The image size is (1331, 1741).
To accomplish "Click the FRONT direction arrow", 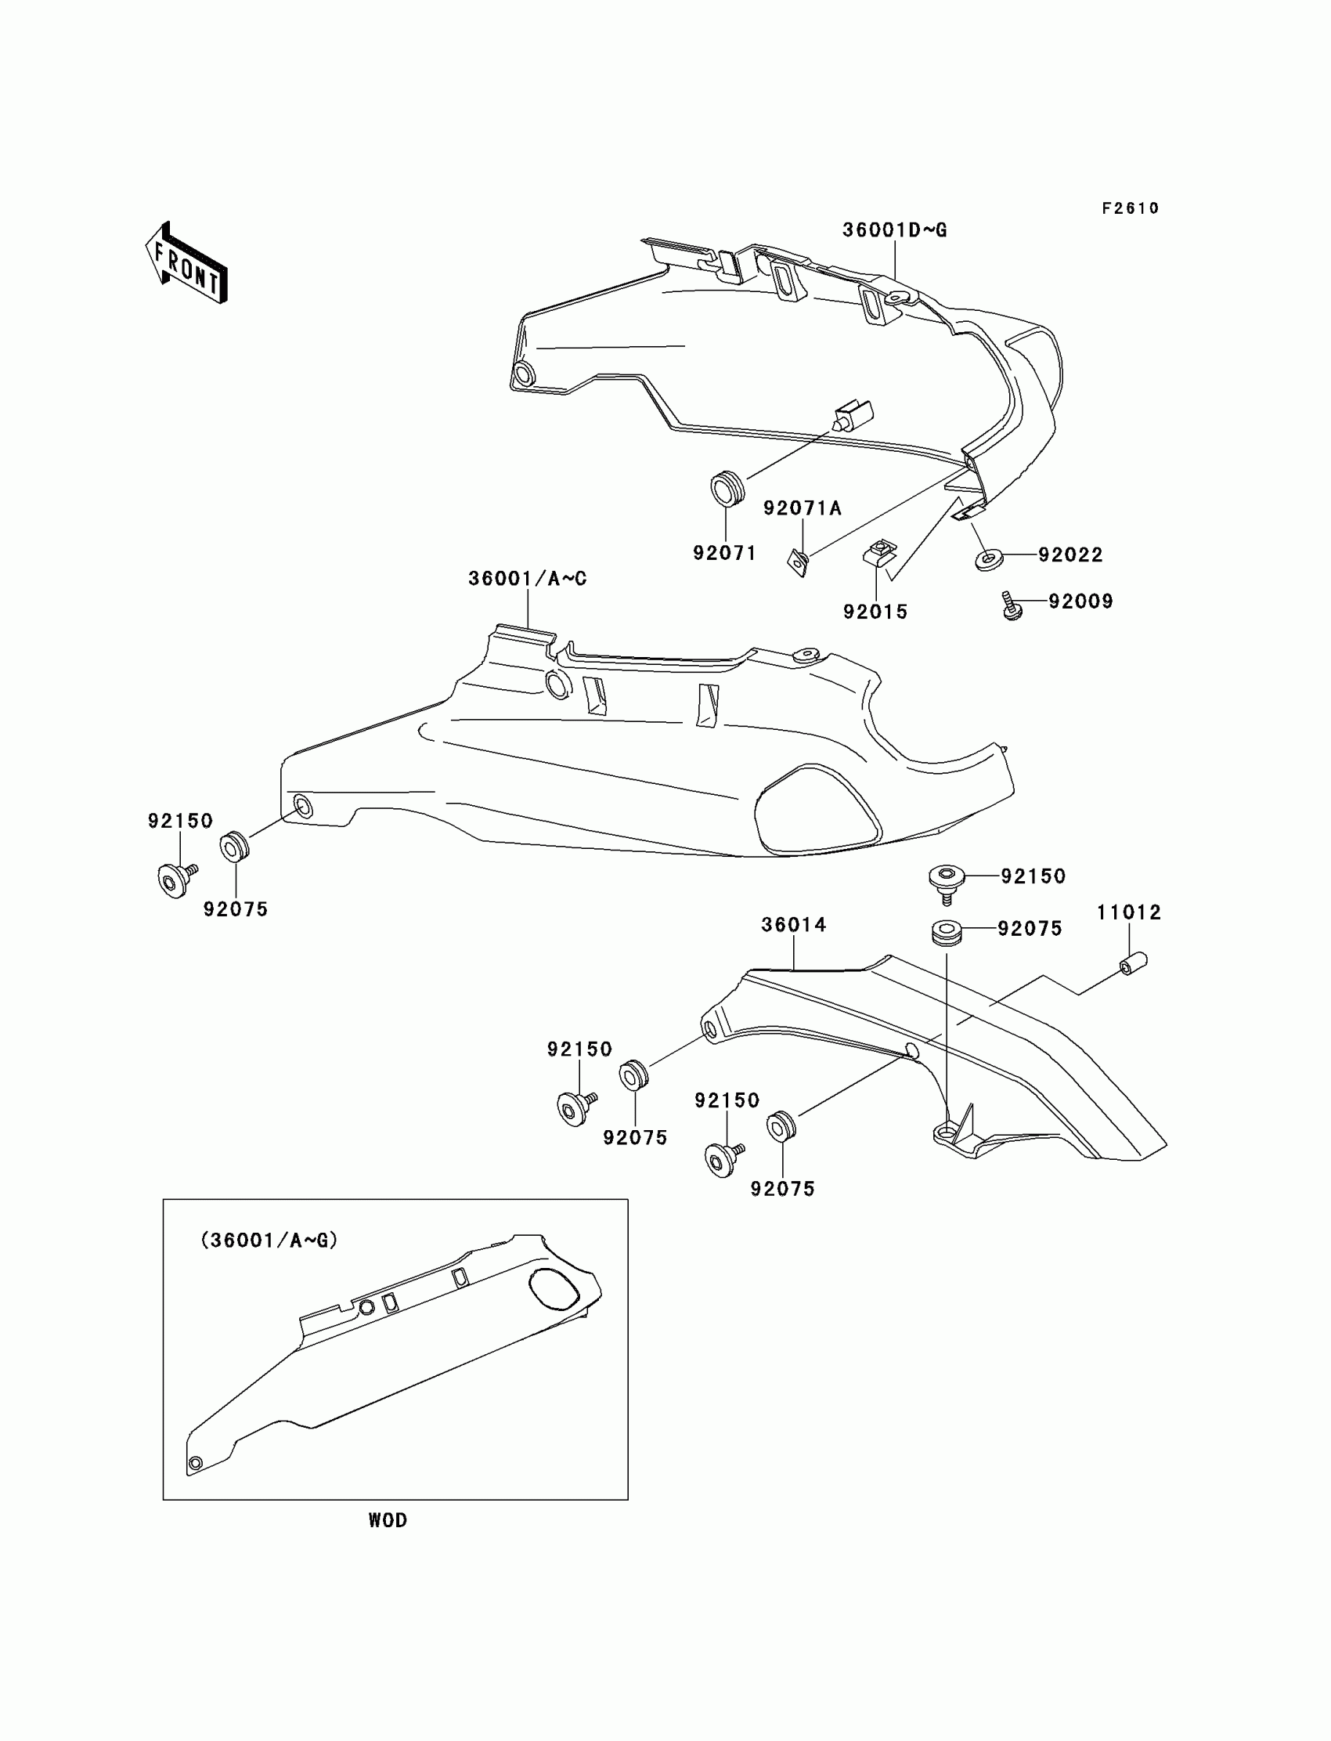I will coord(186,264).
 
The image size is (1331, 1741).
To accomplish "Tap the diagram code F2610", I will coord(1130,208).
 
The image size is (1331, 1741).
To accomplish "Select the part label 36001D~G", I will coord(894,230).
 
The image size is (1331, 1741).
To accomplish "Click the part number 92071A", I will coord(802,508).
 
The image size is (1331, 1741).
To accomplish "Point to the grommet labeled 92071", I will coord(727,487).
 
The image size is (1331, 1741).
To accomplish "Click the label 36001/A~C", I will coord(528,579).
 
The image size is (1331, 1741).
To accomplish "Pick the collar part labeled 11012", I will coord(1133,963).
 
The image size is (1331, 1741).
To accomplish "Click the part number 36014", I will coord(794,925).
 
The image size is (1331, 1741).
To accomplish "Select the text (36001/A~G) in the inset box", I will coord(269,1241).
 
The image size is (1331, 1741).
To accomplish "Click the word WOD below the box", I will coord(388,1520).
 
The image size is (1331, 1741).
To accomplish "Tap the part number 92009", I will coord(1080,601).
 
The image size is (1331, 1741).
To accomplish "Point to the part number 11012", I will coord(1129,913).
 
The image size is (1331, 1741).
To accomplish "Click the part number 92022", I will coord(1070,554).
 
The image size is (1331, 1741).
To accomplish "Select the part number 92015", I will coord(875,612).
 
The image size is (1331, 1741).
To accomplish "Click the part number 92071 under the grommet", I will coord(725,553).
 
